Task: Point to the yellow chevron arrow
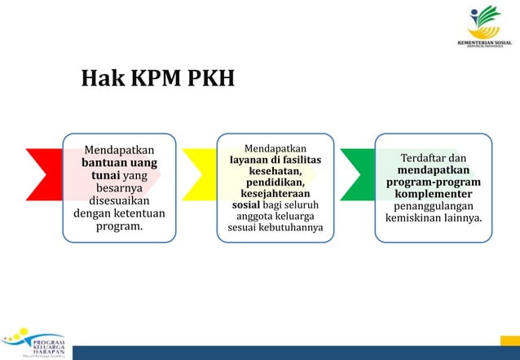200,187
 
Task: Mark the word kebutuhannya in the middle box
289,226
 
